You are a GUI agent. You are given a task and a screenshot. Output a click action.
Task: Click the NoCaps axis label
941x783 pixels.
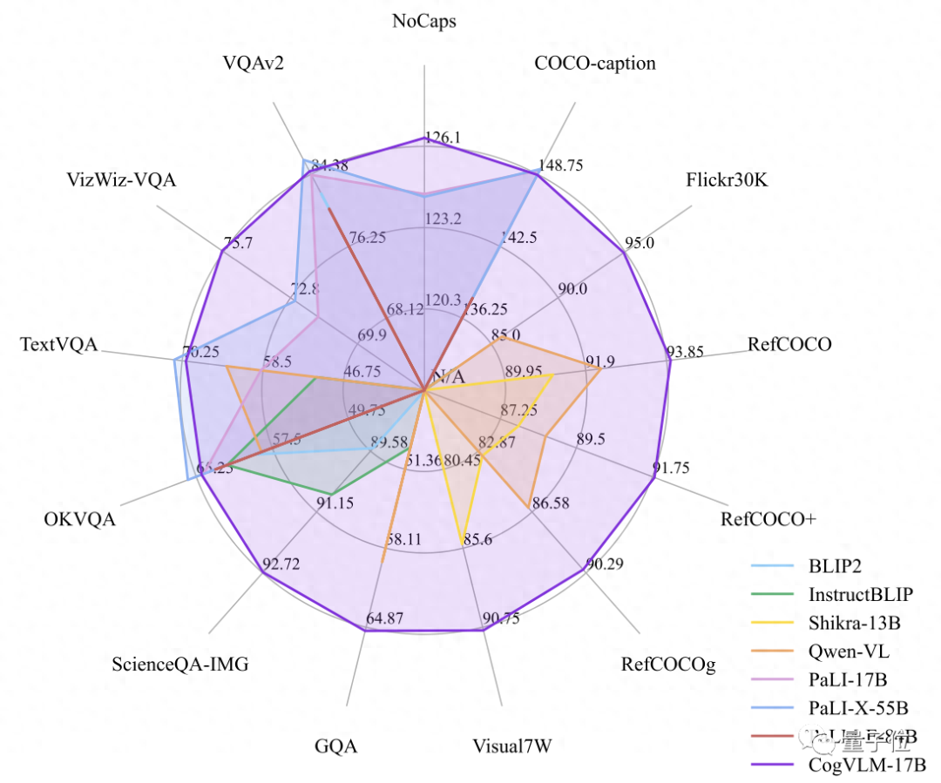click(x=424, y=22)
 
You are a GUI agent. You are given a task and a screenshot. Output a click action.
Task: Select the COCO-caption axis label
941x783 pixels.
click(x=595, y=64)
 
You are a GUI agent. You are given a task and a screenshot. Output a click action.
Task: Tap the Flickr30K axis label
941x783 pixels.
click(x=726, y=180)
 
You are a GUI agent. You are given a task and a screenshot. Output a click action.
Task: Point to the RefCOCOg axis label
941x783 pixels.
click(x=667, y=665)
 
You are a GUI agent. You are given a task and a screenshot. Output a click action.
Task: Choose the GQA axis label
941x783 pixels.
click(x=336, y=746)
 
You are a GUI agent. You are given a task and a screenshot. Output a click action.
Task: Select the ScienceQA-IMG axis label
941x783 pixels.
click(x=180, y=665)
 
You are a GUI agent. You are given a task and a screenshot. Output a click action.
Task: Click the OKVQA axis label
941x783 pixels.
click(x=79, y=520)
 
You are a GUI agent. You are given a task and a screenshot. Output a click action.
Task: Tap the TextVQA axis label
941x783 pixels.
click(x=58, y=345)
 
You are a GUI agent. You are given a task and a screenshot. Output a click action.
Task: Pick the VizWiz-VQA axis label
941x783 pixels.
click(x=121, y=180)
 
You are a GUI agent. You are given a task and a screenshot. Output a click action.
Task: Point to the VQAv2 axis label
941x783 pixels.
click(x=253, y=64)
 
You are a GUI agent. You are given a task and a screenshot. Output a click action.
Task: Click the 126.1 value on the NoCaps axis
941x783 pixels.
click(x=443, y=137)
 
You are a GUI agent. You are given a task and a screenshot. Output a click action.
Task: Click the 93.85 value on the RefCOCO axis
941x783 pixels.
click(x=685, y=352)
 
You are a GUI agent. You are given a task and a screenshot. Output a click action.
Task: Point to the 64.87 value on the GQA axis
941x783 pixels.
click(x=384, y=619)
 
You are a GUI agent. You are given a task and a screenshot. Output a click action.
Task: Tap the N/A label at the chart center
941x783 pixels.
click(x=448, y=377)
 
